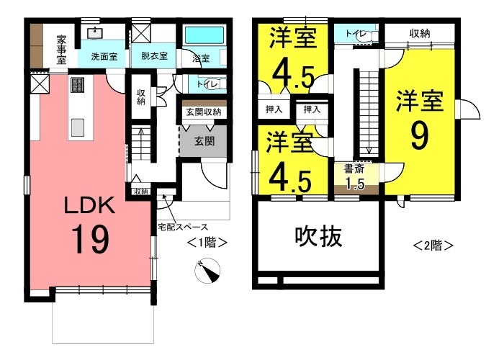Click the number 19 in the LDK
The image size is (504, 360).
coord(91,240)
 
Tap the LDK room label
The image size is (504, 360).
coord(90,205)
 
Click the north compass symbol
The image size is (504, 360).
coord(207,271)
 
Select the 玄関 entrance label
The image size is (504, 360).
coord(204,141)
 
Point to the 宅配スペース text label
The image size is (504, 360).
coord(183,227)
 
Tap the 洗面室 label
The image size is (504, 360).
coord(104,57)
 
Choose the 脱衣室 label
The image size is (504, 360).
coord(154,56)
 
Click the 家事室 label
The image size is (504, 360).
coord(61,50)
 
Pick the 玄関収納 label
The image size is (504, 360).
coord(204,112)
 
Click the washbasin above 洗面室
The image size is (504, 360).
coord(95,33)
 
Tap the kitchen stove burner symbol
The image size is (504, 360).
coord(77,85)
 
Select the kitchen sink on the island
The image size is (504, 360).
coord(78,127)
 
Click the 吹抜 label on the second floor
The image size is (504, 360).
coord(318,237)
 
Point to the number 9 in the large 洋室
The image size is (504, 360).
coord(420,136)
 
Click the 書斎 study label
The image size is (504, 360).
coord(354,169)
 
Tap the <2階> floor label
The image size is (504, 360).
coord(433,246)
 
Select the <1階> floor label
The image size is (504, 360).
coord(207,243)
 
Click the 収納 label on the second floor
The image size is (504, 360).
coord(420,33)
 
